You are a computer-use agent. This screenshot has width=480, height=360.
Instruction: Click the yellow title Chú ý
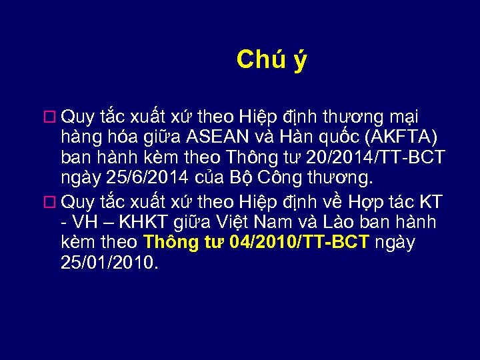[271, 60]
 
